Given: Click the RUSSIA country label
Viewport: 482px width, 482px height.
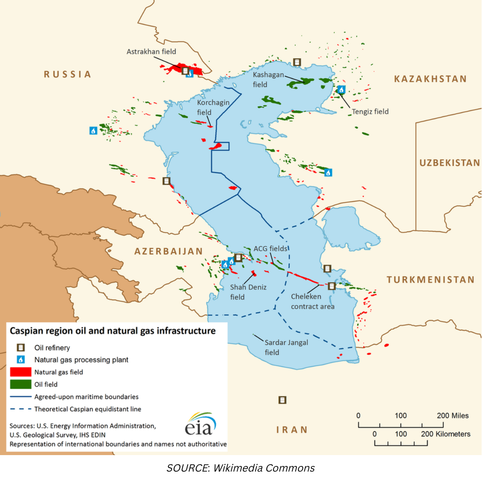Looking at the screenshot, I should (x=67, y=74).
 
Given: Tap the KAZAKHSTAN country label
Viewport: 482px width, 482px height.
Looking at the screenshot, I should (x=430, y=79).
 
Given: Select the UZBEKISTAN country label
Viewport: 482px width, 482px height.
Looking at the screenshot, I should (x=449, y=163).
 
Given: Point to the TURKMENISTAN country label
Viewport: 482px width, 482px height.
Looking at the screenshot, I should (x=431, y=280).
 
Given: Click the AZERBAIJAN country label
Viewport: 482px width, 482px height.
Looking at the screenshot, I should (x=169, y=251).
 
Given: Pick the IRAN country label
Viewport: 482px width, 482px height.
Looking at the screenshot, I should (x=292, y=430).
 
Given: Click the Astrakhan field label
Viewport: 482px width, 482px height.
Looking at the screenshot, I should (x=151, y=51).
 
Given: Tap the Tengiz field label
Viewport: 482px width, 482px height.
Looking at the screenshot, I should (x=370, y=112).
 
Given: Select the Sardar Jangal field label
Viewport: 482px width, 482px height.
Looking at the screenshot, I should (x=286, y=347).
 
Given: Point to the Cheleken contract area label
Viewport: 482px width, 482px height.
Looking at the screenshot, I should (x=312, y=301).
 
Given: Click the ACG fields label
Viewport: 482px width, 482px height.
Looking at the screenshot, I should (x=270, y=249).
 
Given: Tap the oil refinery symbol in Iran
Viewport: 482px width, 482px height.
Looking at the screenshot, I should (x=282, y=400).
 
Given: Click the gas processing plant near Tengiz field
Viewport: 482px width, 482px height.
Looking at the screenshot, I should (x=341, y=90).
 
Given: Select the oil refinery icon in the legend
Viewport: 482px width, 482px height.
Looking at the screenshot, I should (x=20, y=348).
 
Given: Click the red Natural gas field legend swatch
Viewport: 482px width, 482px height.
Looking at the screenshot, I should (x=20, y=372).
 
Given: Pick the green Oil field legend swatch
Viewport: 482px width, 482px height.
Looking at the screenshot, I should (x=20, y=384).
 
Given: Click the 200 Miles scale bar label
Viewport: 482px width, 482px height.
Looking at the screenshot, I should (x=453, y=416).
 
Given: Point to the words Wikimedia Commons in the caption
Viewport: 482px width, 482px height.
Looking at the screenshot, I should (x=264, y=468).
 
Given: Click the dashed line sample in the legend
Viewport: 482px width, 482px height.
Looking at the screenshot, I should (x=20, y=409).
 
